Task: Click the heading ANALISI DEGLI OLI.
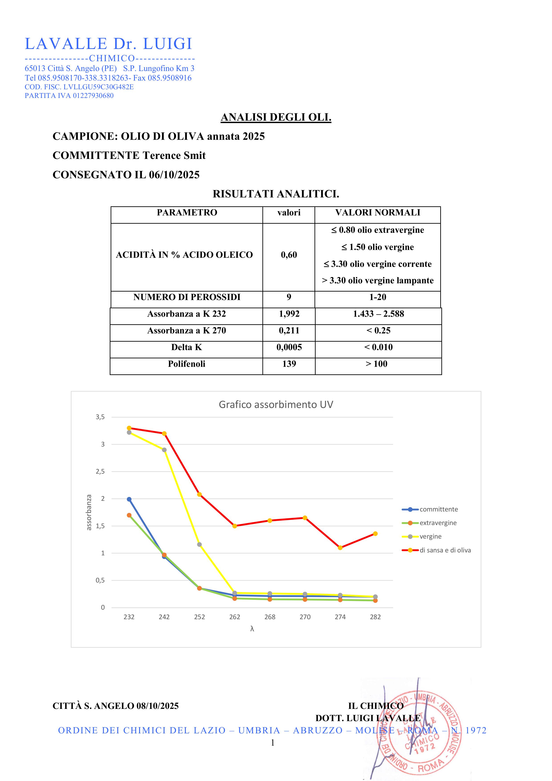(x=276, y=117)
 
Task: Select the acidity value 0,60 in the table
(x=289, y=255)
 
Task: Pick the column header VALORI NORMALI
(x=377, y=213)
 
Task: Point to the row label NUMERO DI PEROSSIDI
(x=187, y=297)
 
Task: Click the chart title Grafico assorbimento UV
(x=276, y=404)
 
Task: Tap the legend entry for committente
(x=438, y=509)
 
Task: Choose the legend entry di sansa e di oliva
(x=445, y=550)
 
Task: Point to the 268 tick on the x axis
(x=270, y=617)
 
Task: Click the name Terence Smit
(x=174, y=155)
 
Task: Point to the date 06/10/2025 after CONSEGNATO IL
(x=174, y=175)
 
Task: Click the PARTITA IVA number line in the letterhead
(x=69, y=95)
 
